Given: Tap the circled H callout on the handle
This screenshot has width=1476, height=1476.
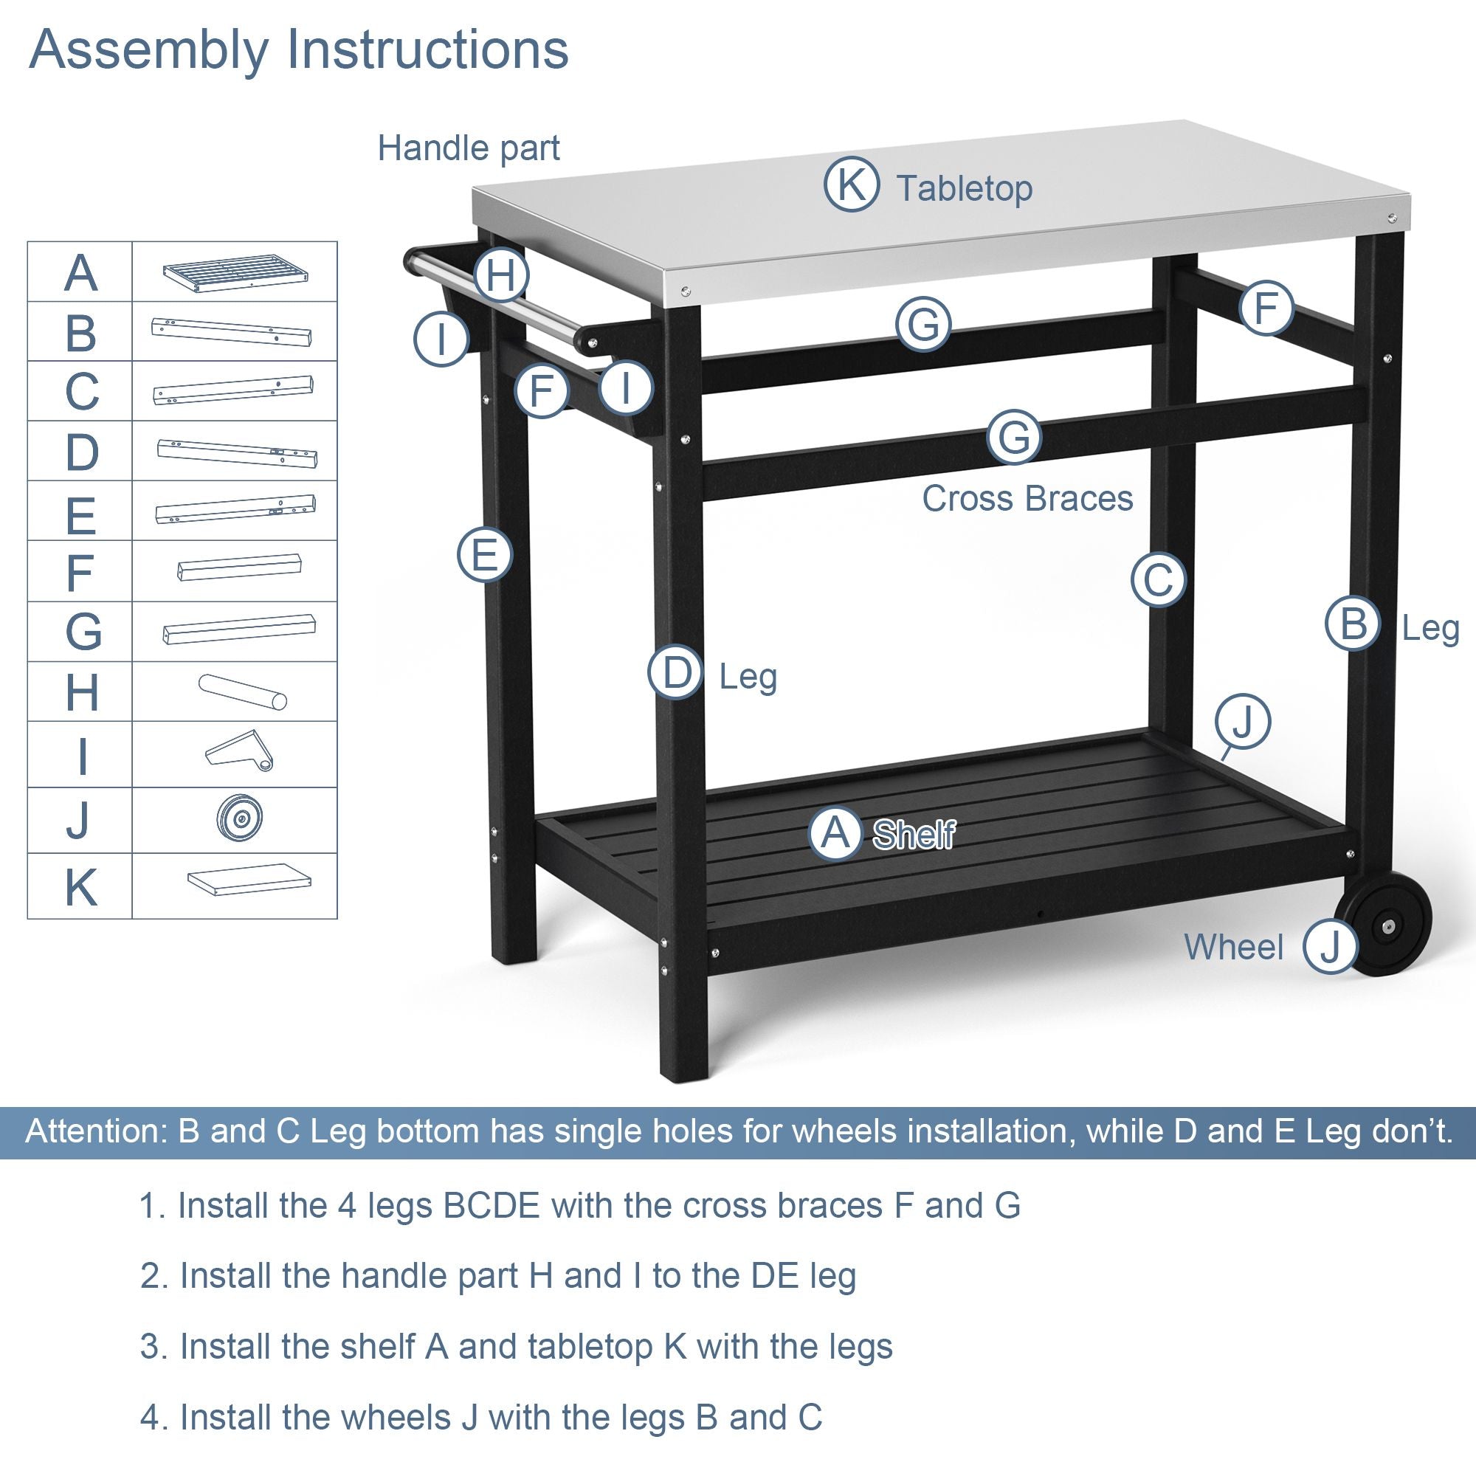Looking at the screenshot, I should (x=501, y=275).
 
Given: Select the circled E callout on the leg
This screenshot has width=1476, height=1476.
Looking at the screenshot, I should (x=484, y=554).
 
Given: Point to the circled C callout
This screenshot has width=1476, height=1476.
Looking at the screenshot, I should (x=1158, y=579).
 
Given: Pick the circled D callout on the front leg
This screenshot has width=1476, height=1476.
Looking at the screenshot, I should (x=675, y=673).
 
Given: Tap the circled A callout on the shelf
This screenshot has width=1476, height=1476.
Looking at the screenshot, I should (x=836, y=833).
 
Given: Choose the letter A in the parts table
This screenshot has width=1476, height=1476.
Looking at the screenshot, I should (x=80, y=273).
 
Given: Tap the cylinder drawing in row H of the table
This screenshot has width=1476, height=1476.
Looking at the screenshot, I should (x=242, y=691).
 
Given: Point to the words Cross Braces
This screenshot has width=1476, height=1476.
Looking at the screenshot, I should (x=1027, y=499).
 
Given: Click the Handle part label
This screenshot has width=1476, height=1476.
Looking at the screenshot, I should (x=469, y=148).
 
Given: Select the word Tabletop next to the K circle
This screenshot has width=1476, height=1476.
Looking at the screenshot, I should (x=964, y=188).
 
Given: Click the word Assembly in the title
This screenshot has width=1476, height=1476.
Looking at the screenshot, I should (x=148, y=49).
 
